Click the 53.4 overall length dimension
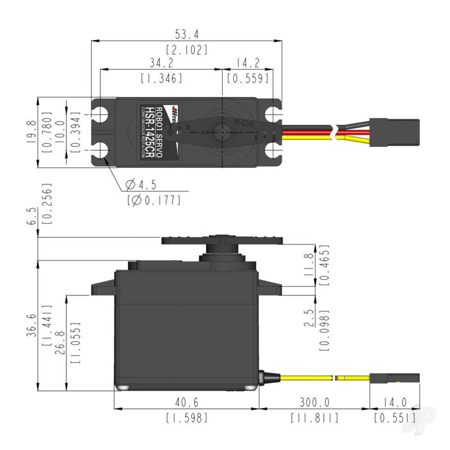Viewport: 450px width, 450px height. coord(187,34)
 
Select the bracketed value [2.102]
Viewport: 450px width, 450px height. coord(187,49)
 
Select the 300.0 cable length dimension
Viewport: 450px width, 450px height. coord(314,402)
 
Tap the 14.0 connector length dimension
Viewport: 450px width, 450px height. coord(395,402)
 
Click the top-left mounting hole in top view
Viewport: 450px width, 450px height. coord(101,114)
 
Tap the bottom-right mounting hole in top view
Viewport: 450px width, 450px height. coord(273,150)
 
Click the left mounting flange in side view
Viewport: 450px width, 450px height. coord(103,288)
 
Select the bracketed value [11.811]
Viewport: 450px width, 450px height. coord(314,418)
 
